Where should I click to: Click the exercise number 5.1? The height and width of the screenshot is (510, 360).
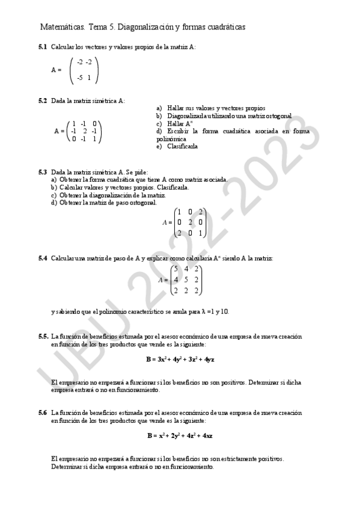point(43,47)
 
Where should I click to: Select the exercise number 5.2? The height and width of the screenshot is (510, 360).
point(43,100)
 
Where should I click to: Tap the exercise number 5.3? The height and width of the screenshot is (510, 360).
point(43,172)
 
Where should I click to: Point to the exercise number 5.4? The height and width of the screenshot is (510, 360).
point(43,258)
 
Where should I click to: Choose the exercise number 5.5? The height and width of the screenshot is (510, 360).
point(43,336)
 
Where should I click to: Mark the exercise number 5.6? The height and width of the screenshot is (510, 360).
point(43,413)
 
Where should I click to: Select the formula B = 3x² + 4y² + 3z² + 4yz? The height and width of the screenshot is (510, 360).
point(180,359)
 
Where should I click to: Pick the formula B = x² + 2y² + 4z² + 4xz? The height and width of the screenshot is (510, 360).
point(180,435)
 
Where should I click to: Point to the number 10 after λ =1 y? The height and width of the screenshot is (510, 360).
point(225,312)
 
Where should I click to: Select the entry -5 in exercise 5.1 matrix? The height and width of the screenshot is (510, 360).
point(80,78)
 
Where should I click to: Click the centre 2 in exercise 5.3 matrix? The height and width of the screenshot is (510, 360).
point(190,222)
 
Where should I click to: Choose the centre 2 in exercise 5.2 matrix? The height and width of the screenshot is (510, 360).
point(85,131)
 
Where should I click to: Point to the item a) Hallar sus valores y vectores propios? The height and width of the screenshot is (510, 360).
point(210,108)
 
